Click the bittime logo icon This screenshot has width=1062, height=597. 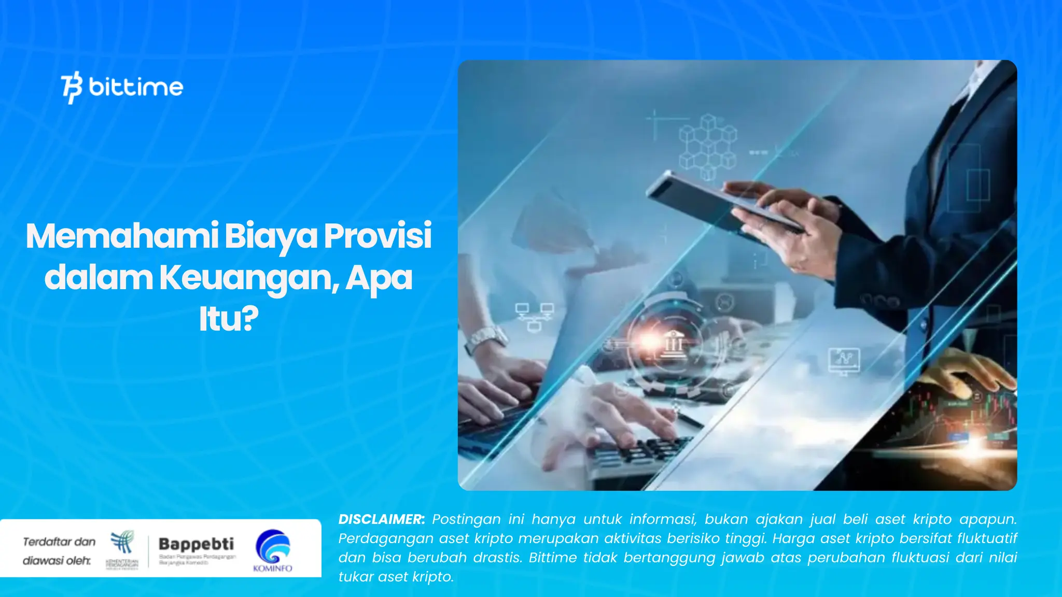point(72,87)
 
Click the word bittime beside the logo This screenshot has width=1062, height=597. point(136,87)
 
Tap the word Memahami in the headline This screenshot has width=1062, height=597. point(122,236)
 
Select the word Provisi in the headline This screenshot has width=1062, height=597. point(378,236)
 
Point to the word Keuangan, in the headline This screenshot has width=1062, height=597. point(249,278)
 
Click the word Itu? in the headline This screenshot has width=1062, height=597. point(229,319)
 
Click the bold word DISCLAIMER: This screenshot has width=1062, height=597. point(381,519)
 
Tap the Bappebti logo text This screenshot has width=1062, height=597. point(196,544)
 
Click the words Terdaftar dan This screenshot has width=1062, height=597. point(59,542)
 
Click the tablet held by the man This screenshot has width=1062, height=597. point(721,202)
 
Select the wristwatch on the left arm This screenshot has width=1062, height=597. point(485,339)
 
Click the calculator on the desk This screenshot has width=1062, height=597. point(638,456)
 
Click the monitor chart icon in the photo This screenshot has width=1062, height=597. point(844,360)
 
